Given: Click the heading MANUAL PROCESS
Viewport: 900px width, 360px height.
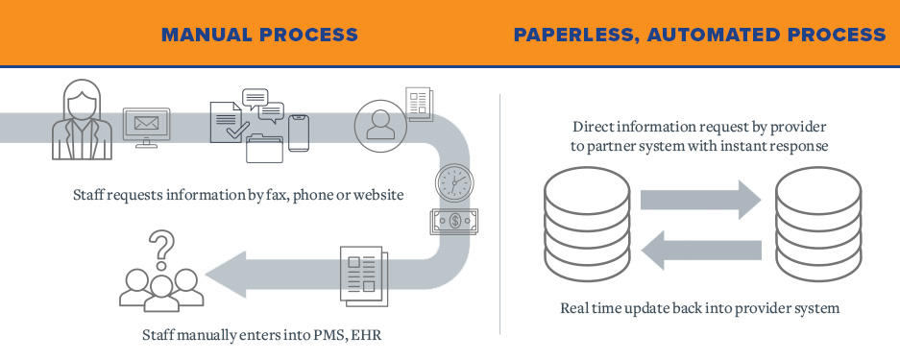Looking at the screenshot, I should (259, 36).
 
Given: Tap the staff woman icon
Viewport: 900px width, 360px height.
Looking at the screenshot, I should (80, 122).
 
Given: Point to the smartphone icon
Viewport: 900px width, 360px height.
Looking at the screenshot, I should (298, 132).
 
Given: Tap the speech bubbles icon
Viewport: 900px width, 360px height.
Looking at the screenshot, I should (262, 104).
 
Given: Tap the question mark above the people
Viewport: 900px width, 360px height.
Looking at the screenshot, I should (162, 247).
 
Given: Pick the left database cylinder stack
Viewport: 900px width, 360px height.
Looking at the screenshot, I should (574, 221).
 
